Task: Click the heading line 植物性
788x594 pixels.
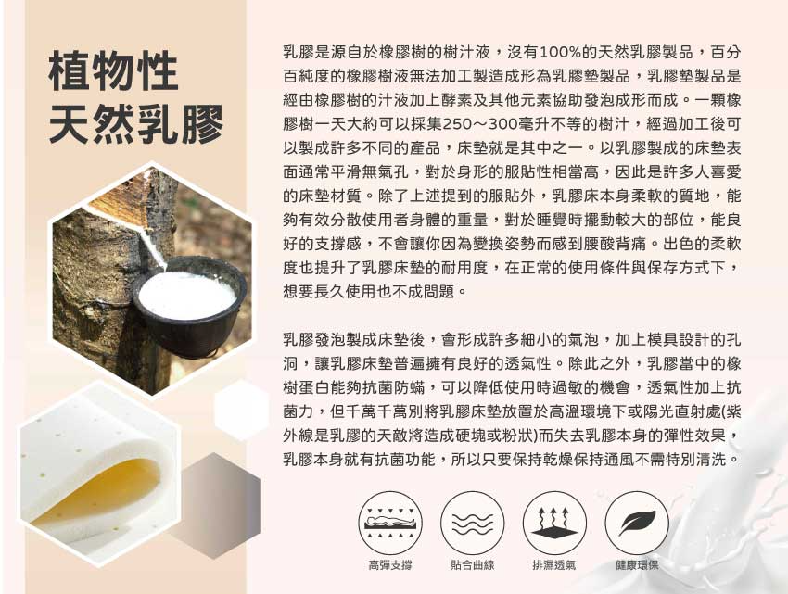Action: click(114, 70)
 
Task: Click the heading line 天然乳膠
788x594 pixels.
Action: click(136, 124)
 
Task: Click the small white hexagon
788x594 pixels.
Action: click(242, 411)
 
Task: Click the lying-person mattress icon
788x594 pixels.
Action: click(390, 523)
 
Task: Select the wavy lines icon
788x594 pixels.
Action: click(473, 523)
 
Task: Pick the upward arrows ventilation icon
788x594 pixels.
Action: click(554, 523)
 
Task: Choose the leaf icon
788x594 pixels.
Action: click(637, 523)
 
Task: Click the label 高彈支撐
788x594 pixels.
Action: click(390, 565)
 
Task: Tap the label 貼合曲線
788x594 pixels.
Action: click(473, 565)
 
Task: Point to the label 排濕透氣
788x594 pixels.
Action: click(554, 565)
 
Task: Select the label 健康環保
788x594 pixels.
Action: click(637, 565)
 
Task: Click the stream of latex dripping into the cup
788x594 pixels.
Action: click(154, 246)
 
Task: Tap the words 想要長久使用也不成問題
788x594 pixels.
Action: click(369, 292)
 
